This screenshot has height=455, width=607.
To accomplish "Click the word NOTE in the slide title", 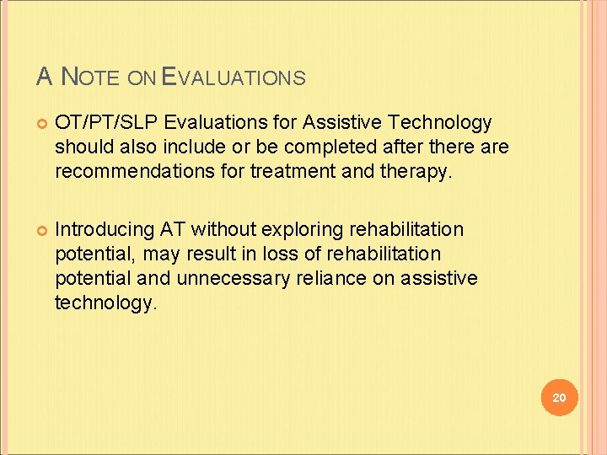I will [x=92, y=78].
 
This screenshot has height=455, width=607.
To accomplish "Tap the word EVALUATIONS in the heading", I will [x=233, y=78].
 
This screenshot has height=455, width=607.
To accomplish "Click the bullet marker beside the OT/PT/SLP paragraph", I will [x=41, y=124].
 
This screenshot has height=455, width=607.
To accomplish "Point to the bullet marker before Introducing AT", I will [x=41, y=230].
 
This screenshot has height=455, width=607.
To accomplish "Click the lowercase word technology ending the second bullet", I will [x=105, y=302].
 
